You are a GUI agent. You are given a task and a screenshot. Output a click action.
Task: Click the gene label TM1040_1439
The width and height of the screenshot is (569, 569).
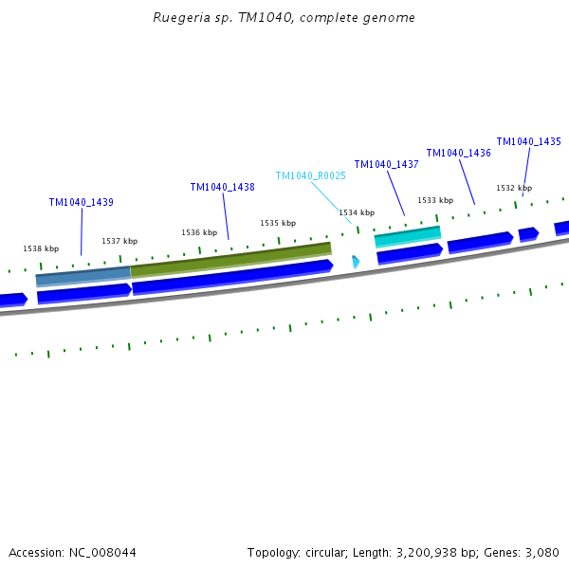click(x=82, y=202)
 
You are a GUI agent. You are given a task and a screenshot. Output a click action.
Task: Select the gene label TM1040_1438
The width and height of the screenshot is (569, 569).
click(x=222, y=187)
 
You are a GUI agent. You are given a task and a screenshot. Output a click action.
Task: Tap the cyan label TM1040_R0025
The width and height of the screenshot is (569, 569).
click(x=310, y=175)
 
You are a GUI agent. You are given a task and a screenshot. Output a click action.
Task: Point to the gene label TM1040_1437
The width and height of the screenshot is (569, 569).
click(x=386, y=164)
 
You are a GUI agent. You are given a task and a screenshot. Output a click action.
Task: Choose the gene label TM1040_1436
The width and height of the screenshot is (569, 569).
click(x=458, y=153)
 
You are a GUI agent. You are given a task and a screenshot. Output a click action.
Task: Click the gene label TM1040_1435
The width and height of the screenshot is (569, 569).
click(x=528, y=141)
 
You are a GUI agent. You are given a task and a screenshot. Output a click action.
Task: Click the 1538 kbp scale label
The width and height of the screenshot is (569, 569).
click(x=41, y=248)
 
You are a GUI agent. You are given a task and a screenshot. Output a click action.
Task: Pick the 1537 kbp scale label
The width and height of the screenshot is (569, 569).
click(x=119, y=241)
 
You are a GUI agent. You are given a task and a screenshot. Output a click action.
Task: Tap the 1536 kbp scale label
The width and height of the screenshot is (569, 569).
click(x=199, y=232)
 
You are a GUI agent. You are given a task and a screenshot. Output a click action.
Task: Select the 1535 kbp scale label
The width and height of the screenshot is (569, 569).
click(x=278, y=223)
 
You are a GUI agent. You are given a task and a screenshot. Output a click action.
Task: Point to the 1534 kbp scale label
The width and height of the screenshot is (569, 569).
click(x=357, y=212)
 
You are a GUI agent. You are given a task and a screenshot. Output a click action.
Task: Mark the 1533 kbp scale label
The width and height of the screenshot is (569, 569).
click(x=435, y=200)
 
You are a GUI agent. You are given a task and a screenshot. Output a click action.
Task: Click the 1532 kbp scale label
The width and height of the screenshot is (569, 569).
click(x=514, y=188)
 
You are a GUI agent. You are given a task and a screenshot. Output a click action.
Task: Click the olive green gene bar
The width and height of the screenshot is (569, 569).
click(x=230, y=260)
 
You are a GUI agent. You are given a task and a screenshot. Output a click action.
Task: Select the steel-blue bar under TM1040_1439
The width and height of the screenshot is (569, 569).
click(x=83, y=277)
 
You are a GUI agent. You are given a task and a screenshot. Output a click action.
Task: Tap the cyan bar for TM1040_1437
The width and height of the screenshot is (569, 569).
click(x=408, y=236)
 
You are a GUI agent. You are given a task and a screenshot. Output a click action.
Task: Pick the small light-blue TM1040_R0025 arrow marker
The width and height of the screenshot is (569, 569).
click(x=356, y=261)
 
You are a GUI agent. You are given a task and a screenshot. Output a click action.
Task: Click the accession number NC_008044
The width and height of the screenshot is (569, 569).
click(x=101, y=552)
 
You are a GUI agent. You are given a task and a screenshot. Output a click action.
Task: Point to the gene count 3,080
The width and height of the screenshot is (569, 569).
click(x=541, y=552)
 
